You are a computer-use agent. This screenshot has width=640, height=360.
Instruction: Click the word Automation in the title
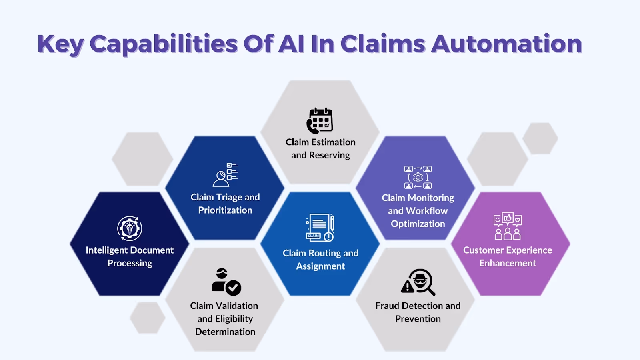click(506, 44)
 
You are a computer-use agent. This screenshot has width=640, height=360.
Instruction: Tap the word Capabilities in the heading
click(164, 44)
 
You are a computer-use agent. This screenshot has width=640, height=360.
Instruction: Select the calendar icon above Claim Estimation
click(320, 121)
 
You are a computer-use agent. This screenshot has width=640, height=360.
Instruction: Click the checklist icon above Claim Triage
click(226, 174)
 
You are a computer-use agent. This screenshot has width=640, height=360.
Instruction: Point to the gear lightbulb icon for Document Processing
click(130, 228)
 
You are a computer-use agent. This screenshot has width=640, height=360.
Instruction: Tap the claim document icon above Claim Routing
click(320, 228)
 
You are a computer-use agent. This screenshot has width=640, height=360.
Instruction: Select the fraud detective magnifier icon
click(418, 282)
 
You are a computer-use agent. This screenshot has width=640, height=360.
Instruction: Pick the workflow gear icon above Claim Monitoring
click(418, 177)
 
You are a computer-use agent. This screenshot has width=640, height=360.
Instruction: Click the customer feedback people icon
click(508, 226)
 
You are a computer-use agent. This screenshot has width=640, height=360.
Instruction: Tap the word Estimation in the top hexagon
click(334, 142)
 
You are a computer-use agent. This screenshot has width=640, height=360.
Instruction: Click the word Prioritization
click(225, 210)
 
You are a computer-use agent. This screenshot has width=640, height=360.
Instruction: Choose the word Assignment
click(320, 266)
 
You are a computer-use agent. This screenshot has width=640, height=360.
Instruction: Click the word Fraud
click(387, 306)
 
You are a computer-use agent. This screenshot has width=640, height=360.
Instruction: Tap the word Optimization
click(418, 224)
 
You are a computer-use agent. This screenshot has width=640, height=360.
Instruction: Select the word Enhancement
click(508, 263)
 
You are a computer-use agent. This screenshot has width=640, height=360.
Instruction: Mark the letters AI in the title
click(292, 44)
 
